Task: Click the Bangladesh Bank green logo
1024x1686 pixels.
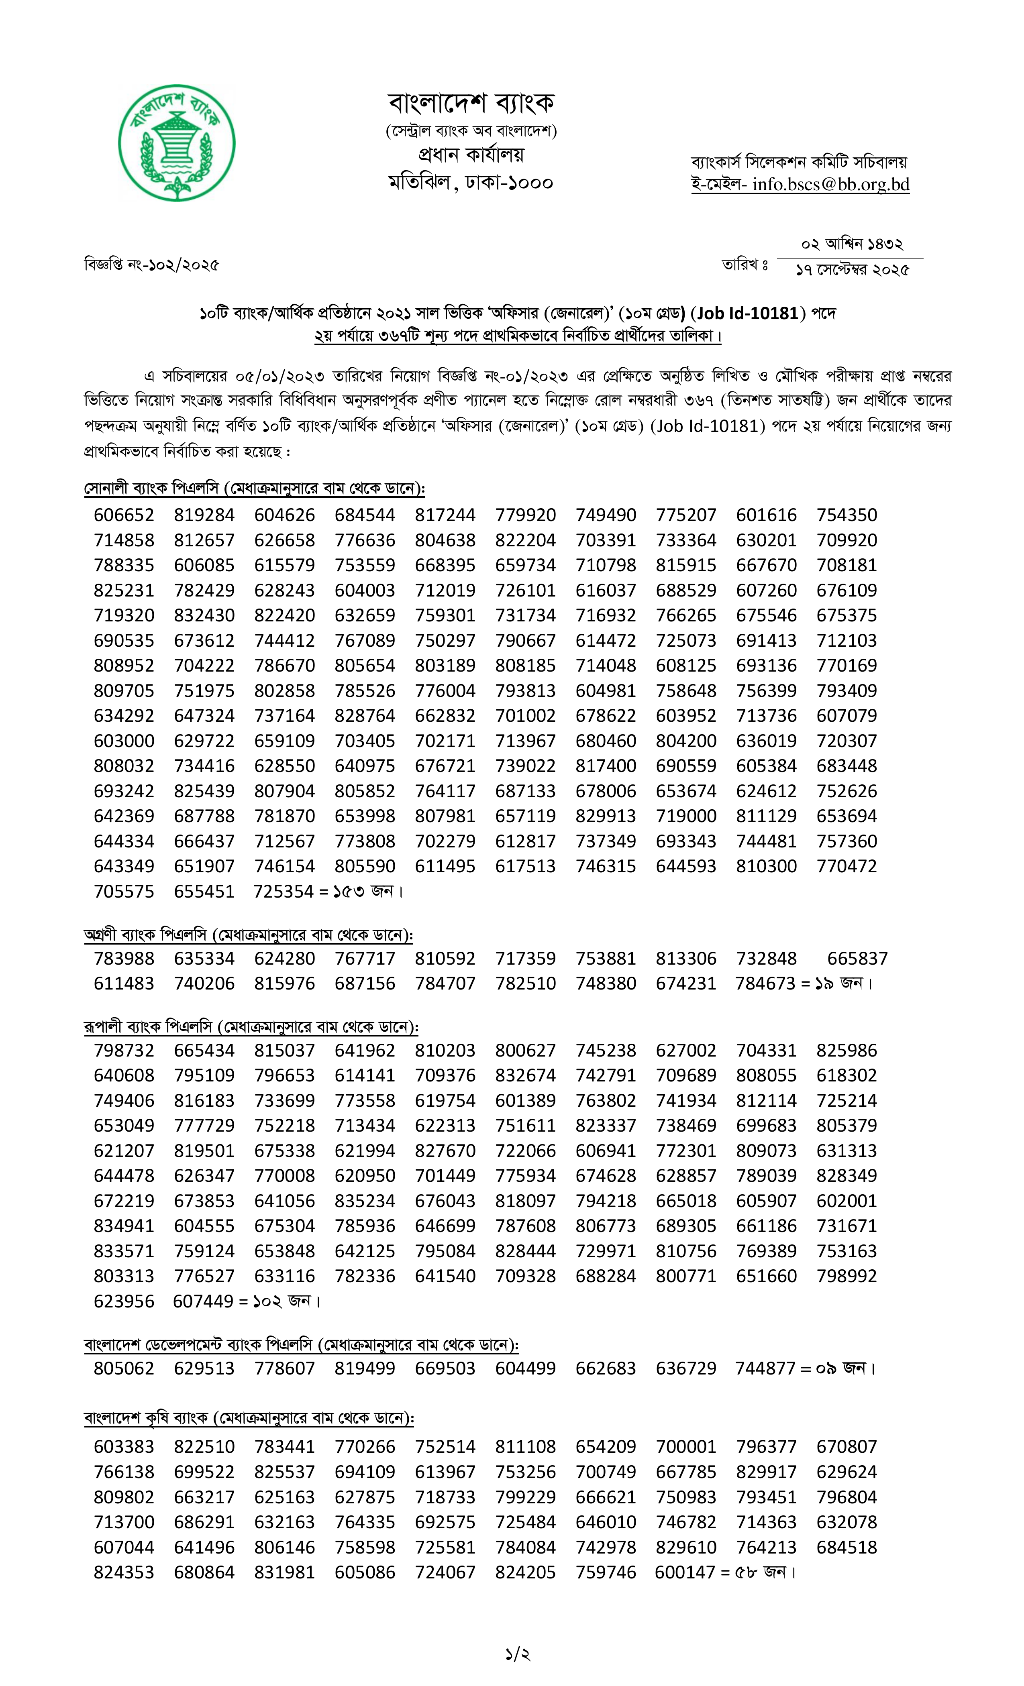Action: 177,143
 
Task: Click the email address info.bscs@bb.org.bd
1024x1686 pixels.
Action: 830,184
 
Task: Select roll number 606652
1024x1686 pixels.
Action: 124,515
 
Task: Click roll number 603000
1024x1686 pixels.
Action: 124,741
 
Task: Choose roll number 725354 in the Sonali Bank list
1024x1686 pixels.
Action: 284,892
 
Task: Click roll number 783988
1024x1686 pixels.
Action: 124,959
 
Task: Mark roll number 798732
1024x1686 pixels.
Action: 124,1050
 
